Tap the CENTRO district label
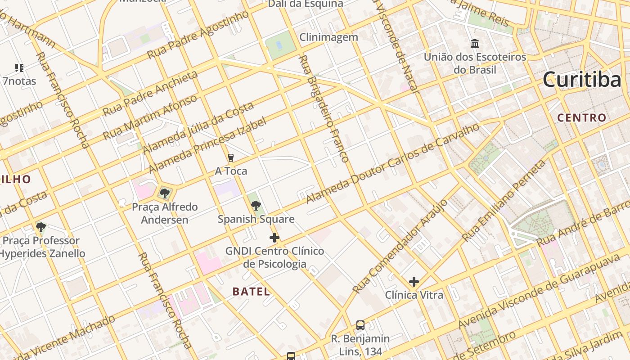581,118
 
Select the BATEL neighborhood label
251,291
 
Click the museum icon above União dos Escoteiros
475,44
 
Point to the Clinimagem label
328,37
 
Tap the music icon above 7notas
19,68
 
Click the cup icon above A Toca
231,158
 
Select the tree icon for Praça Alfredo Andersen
165,193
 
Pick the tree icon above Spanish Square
256,206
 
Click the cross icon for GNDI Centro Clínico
274,238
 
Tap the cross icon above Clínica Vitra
414,282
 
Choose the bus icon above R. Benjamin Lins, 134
360,325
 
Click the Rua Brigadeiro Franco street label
323,109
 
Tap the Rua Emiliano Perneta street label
504,200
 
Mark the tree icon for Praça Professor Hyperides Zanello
41,227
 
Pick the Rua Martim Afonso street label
150,117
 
